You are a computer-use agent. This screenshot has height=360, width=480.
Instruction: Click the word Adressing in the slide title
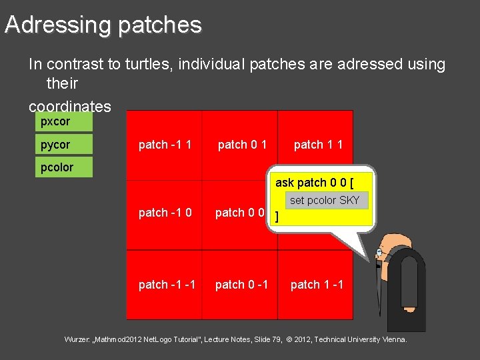coord(57,25)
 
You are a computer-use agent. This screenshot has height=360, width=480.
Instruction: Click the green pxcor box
coord(63,121)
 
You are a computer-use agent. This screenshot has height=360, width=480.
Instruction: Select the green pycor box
coord(63,144)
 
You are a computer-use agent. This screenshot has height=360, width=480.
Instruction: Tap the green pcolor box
coord(63,167)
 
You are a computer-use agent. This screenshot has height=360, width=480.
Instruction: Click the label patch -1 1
coord(165,145)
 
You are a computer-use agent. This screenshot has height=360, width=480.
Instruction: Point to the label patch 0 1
coord(243,145)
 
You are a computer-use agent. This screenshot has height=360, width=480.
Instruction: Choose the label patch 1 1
coord(318,145)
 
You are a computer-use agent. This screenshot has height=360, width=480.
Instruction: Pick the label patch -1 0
coord(165,213)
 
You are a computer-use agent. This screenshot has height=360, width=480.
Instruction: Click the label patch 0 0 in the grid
coord(240,213)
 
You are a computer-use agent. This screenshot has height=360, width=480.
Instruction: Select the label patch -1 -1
coord(167,285)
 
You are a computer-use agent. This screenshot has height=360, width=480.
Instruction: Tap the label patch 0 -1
coord(241,285)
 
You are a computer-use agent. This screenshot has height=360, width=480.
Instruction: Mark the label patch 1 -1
coord(317,285)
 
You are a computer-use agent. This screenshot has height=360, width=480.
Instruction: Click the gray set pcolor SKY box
coord(324,200)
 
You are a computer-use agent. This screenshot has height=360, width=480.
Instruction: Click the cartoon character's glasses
coord(380,253)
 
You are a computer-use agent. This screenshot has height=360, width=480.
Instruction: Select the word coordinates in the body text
coord(69,107)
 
